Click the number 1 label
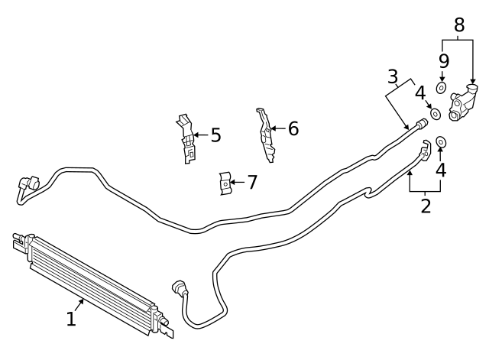point(71,319)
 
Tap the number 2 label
point(426,205)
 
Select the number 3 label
point(393,76)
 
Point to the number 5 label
point(215,136)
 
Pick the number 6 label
point(293,128)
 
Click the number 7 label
point(252,182)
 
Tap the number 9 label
point(443,60)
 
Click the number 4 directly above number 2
point(441,170)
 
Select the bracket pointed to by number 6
point(264,135)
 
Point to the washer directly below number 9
point(442,88)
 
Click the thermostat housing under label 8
point(463,104)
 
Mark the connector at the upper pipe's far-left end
point(29,183)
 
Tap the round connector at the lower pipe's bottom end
point(180,290)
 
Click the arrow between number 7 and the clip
point(237,182)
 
